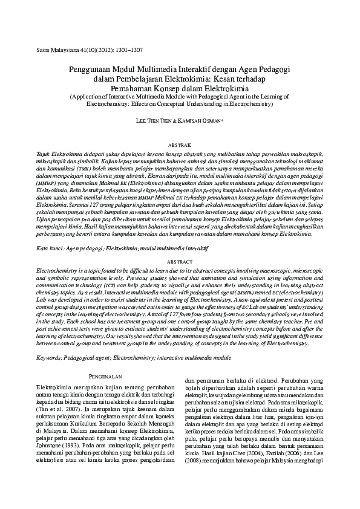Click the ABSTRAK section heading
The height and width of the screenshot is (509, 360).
179,146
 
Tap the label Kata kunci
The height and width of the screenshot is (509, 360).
50,248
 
